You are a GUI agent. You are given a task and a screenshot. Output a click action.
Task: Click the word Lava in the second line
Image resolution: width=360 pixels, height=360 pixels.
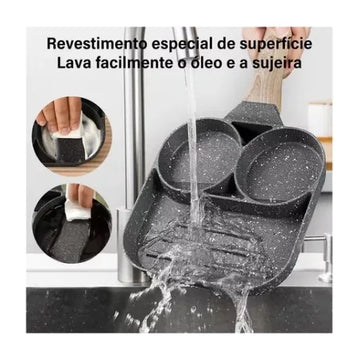(x=74, y=63)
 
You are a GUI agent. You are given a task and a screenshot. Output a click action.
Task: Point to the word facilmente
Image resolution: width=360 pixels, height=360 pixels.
(x=134, y=63)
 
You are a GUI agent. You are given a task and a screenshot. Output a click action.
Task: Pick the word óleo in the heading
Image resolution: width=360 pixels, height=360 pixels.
(x=198, y=63)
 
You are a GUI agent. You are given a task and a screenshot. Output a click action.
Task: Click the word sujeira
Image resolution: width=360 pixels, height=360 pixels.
(x=277, y=64)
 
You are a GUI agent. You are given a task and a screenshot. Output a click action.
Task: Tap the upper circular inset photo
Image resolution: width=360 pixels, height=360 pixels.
(x=72, y=136)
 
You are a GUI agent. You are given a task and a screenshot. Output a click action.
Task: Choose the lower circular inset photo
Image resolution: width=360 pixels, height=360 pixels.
(x=72, y=223)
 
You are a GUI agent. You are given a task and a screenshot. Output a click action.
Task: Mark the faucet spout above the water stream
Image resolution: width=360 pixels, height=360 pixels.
(x=187, y=42)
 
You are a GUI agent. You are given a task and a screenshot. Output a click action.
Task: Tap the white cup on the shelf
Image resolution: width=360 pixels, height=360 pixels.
(x=319, y=119)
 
